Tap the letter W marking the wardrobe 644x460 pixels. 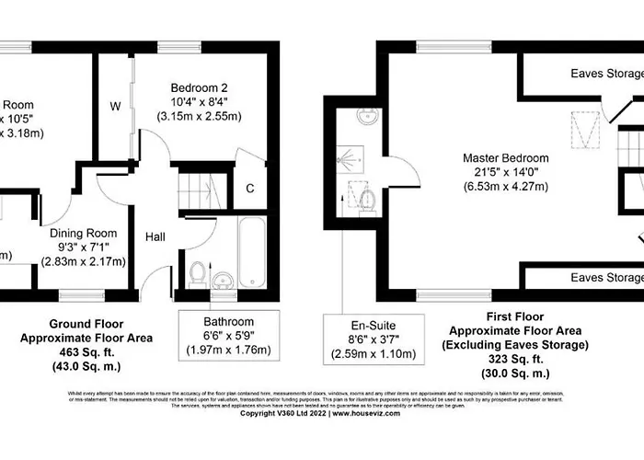(115, 107)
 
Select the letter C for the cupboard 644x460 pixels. (250, 190)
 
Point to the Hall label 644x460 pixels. (155, 237)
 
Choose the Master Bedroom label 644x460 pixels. (506, 157)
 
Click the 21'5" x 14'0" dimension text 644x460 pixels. (506, 172)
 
